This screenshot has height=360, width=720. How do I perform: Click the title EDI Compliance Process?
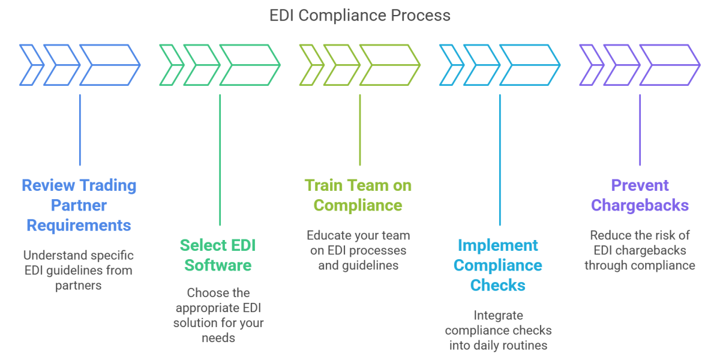[360, 15]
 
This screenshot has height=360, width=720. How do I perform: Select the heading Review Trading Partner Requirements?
[79, 205]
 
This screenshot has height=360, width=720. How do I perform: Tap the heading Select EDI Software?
[220, 255]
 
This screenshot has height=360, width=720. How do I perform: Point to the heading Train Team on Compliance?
[358, 195]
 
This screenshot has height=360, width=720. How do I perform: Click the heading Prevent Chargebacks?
[640, 195]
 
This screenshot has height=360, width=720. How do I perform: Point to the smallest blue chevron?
[32, 64]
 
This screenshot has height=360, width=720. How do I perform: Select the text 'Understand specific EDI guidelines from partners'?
[79, 270]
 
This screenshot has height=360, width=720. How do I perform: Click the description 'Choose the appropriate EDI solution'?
[219, 316]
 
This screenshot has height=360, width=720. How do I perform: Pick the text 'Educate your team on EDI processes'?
[358, 250]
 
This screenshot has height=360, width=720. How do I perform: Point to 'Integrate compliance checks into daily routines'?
[498, 330]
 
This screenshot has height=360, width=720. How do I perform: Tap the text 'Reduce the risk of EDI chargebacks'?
[640, 250]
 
